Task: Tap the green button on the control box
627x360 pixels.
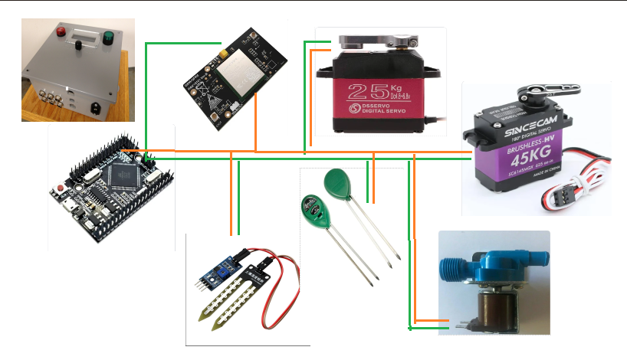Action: click(107, 37)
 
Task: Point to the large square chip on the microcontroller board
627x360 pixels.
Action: click(120, 175)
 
